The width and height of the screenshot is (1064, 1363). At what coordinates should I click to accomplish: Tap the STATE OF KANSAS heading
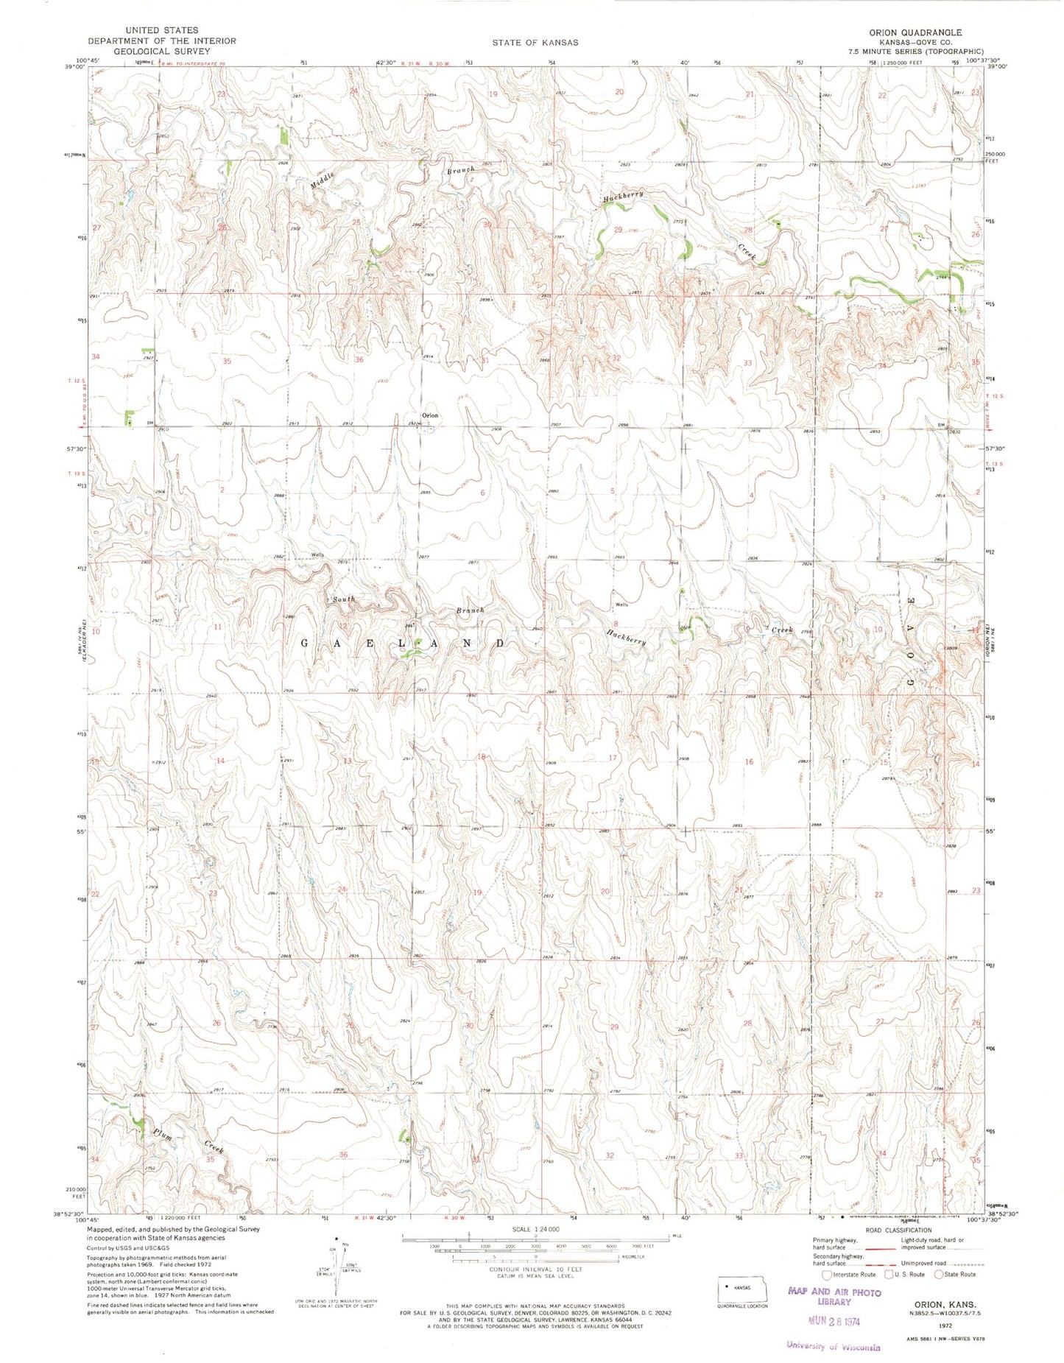point(535,43)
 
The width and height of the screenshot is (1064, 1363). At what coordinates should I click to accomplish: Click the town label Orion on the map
point(430,415)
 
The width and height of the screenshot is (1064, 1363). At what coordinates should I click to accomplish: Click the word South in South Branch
point(343,599)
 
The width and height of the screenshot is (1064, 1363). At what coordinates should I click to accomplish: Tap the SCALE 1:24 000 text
point(535,1230)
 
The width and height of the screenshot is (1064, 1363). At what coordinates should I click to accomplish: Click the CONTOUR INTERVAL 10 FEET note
point(535,1269)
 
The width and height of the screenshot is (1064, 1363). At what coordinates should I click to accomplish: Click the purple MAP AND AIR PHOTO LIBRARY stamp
point(834,1297)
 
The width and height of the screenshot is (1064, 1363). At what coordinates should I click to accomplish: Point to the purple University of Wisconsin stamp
point(833,1346)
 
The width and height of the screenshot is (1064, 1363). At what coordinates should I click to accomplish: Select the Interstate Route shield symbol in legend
point(827,1275)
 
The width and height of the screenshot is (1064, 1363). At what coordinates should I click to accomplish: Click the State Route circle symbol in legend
point(939,1275)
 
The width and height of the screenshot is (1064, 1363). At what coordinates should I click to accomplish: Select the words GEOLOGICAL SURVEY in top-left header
point(151,52)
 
